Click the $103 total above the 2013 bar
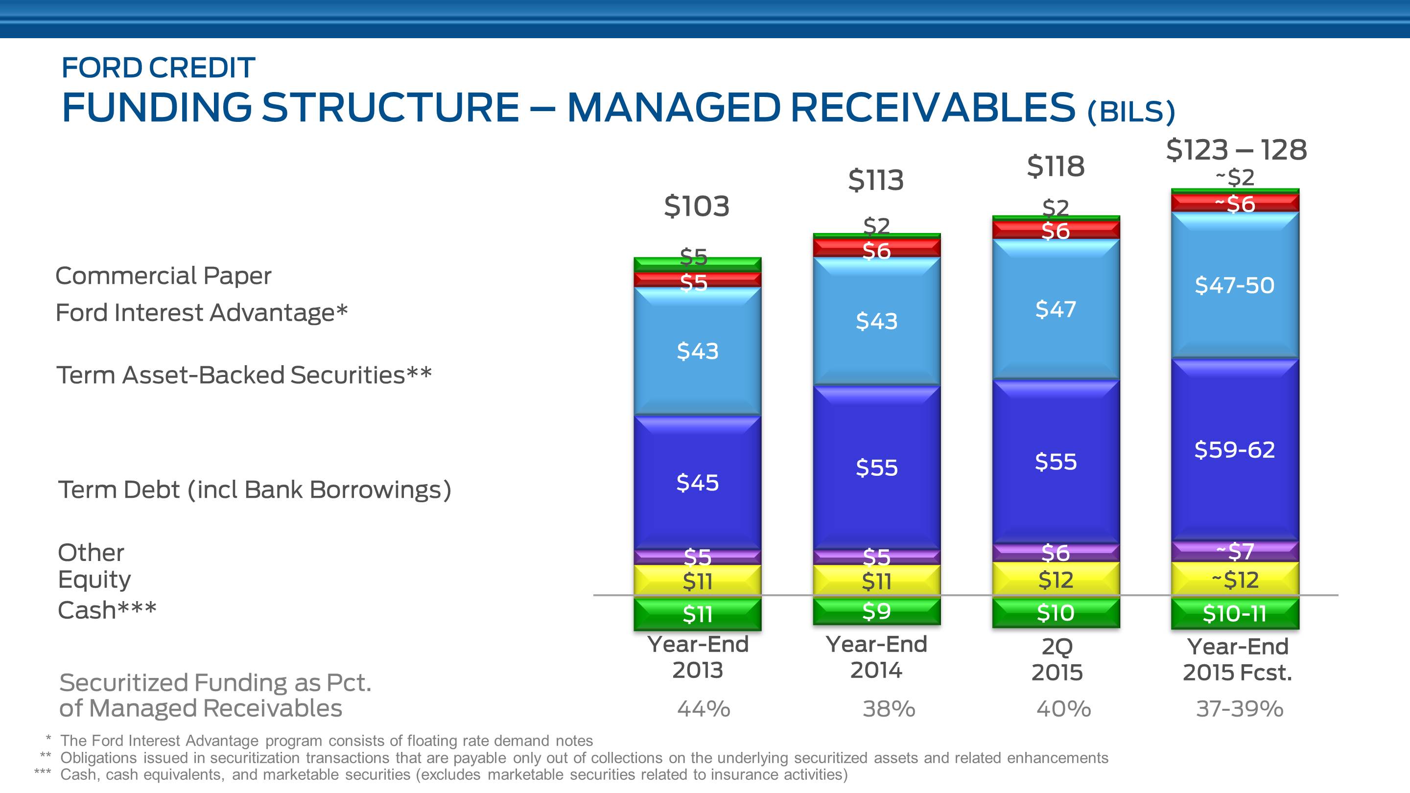[696, 206]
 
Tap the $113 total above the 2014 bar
[876, 180]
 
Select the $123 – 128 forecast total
[1236, 150]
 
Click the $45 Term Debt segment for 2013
[697, 482]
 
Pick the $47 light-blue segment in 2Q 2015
[1056, 310]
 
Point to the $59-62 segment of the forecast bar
[1234, 450]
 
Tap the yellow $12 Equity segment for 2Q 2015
[1056, 580]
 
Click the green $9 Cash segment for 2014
[876, 611]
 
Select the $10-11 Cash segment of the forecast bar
[1234, 613]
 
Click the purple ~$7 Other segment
[1234, 551]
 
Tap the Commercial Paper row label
[163, 276]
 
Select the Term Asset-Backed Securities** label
[244, 375]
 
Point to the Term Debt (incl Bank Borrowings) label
[255, 490]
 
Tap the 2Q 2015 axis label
[1057, 659]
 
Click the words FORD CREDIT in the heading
[158, 68]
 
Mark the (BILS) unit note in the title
[1131, 112]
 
